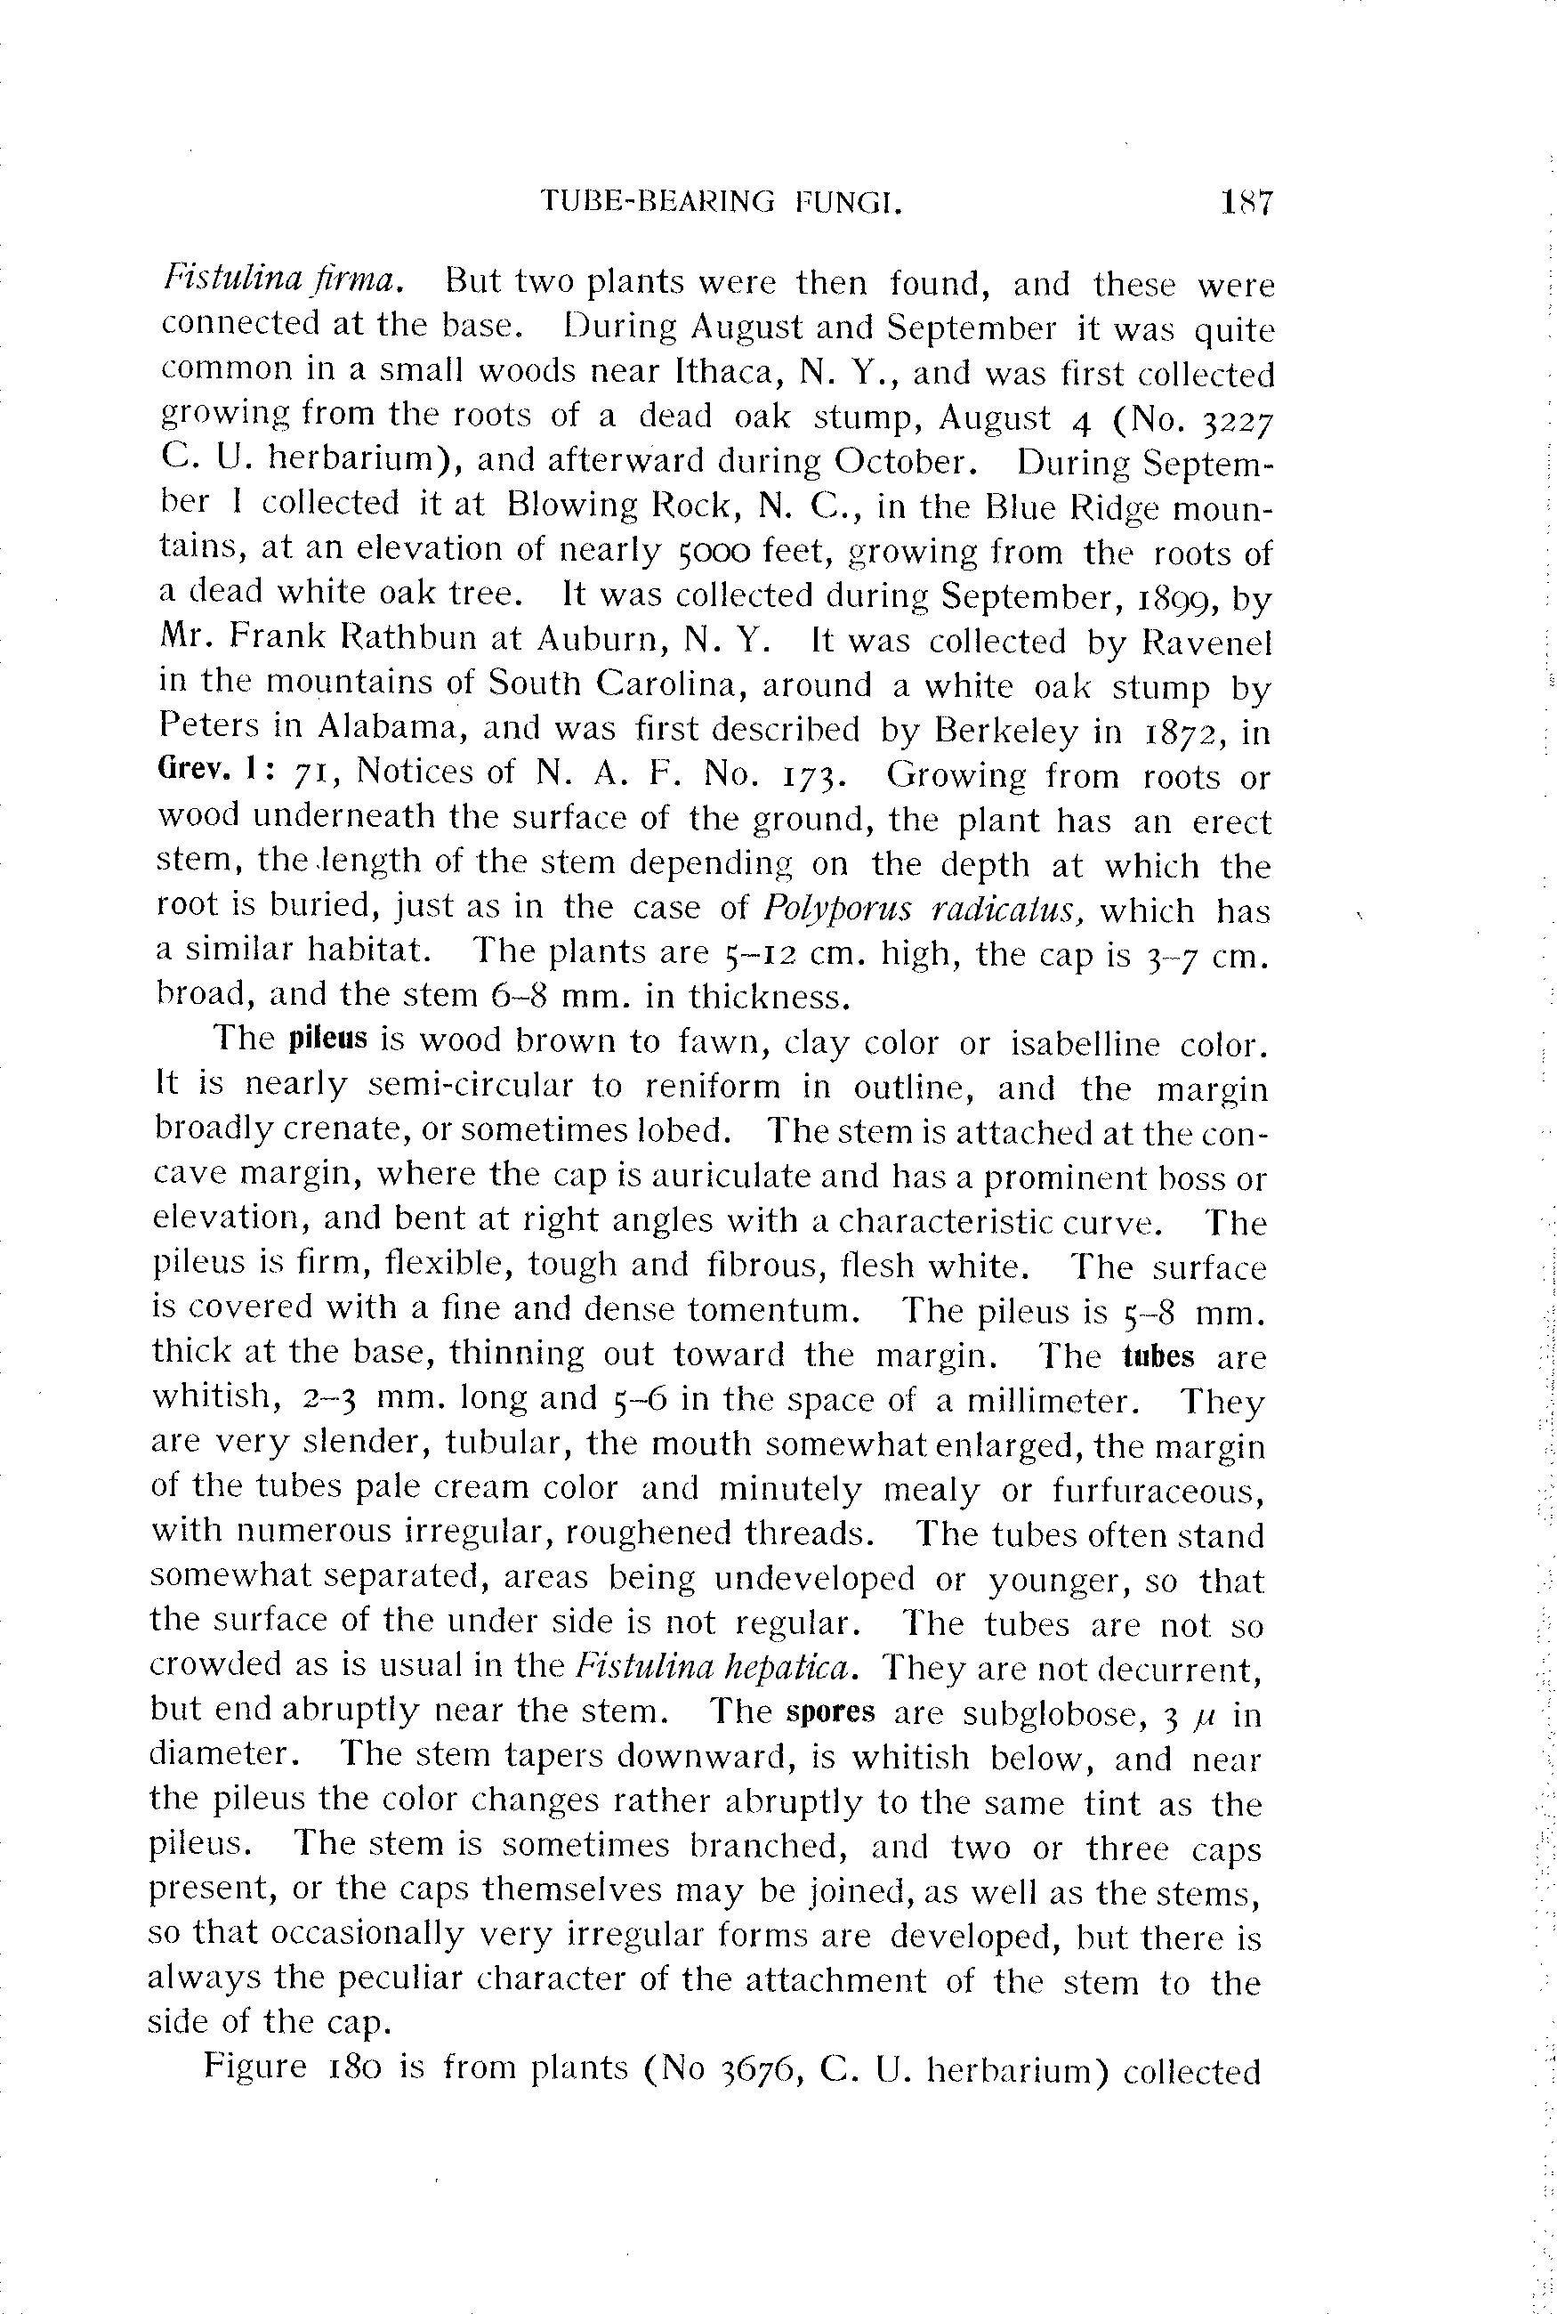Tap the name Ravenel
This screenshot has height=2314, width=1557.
[1206, 643]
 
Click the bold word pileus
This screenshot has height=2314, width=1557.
[328, 1040]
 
